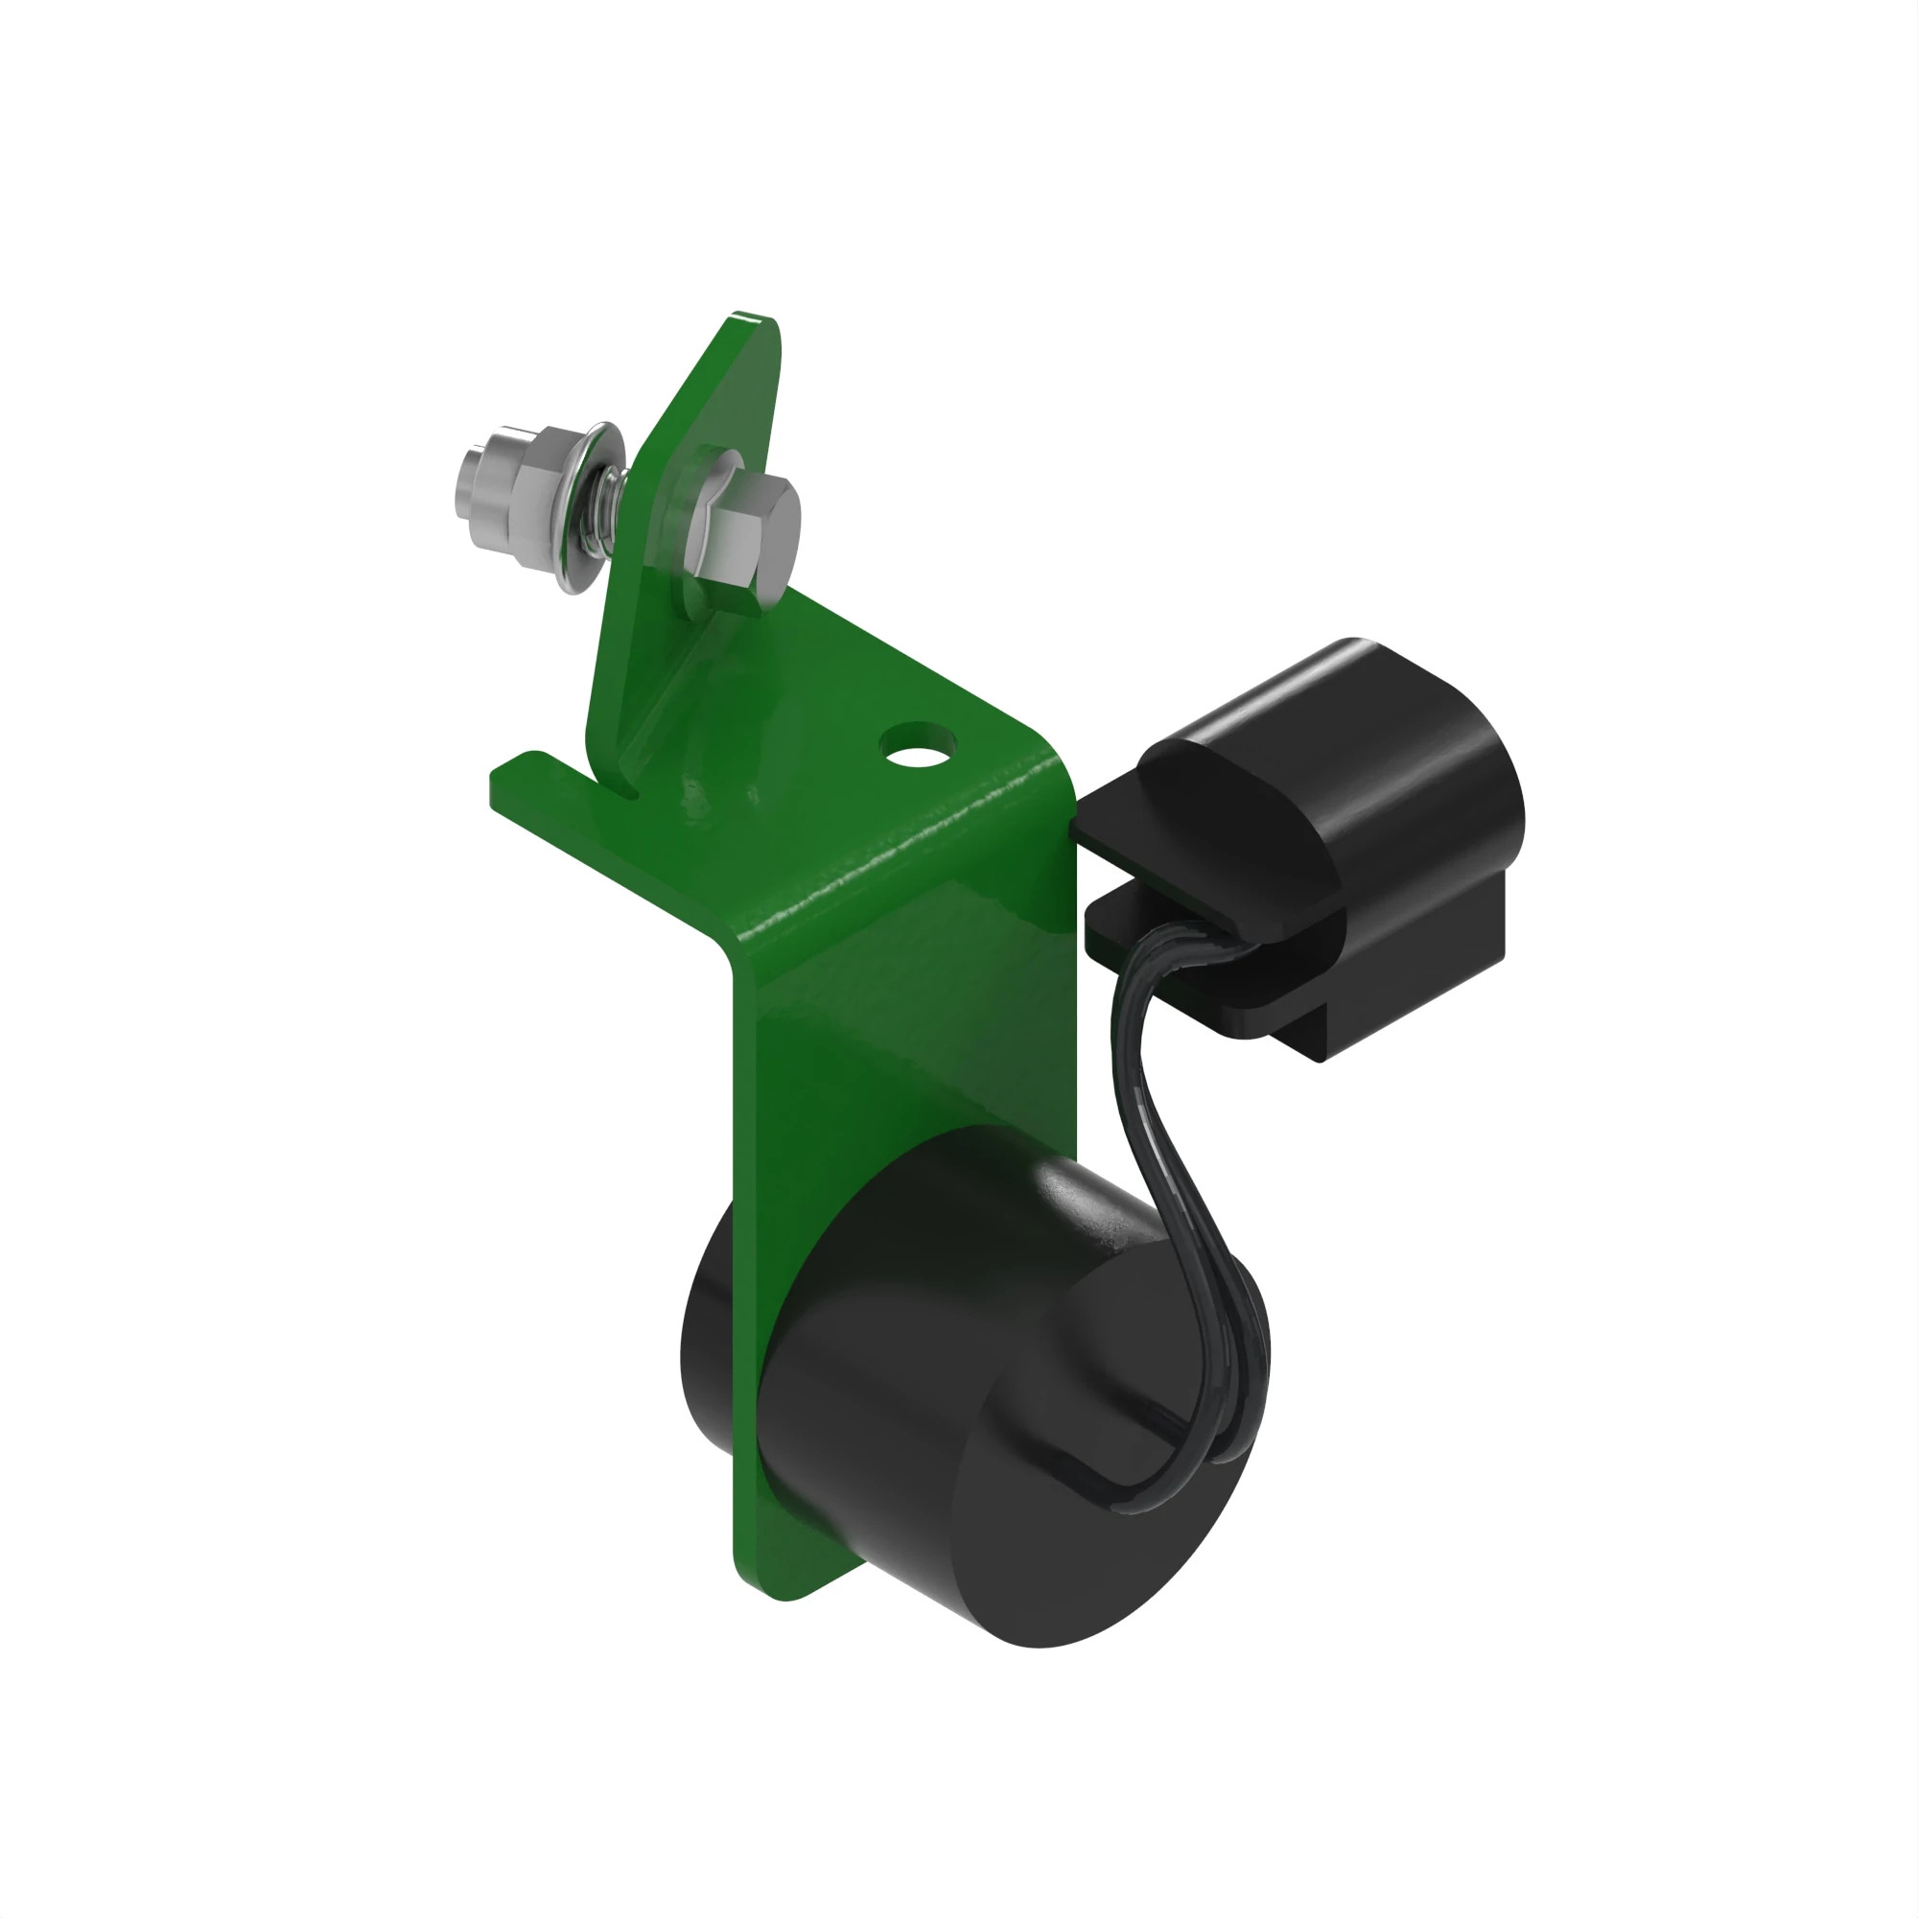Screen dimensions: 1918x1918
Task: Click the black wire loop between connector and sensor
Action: (x=1161, y=1141)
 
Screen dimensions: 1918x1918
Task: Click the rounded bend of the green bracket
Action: (x=894, y=894)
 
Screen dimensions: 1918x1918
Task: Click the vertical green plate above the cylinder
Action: (x=913, y=1052)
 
